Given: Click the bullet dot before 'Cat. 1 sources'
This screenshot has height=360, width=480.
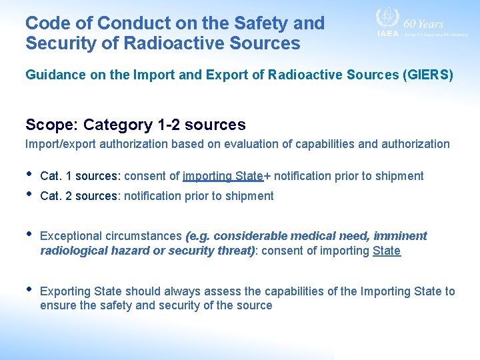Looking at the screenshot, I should coord(29,175).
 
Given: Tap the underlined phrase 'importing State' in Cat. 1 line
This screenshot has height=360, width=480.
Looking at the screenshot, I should coord(223,176).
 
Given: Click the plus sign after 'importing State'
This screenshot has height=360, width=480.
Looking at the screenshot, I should coord(267,176).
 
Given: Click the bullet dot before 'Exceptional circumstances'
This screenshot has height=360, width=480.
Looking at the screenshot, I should coord(29,234).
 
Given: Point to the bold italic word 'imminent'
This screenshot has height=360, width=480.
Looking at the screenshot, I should coord(400,236).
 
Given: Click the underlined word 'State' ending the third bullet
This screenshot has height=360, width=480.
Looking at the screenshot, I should coord(387,251).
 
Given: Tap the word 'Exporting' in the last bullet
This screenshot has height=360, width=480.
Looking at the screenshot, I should coord(65,291).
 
